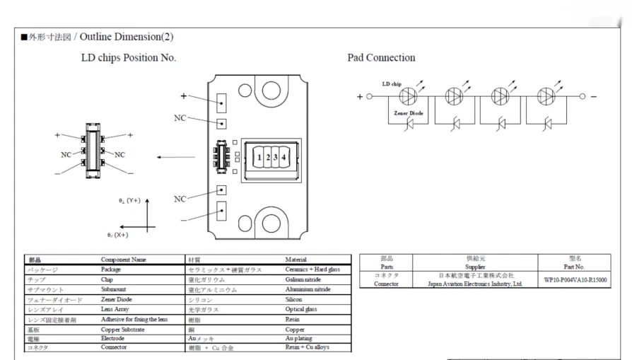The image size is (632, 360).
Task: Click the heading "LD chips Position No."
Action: point(129,57)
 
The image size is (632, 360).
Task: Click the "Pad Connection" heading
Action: point(381,57)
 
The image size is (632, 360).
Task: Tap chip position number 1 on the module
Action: point(260,158)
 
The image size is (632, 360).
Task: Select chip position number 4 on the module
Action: point(283,158)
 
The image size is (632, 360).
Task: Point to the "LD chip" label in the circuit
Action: point(392,84)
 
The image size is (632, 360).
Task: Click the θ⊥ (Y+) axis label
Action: point(129,201)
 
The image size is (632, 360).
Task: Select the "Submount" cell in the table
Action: point(116,289)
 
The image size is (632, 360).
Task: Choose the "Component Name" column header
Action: point(124,260)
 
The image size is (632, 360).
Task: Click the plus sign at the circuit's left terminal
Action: point(358,96)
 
